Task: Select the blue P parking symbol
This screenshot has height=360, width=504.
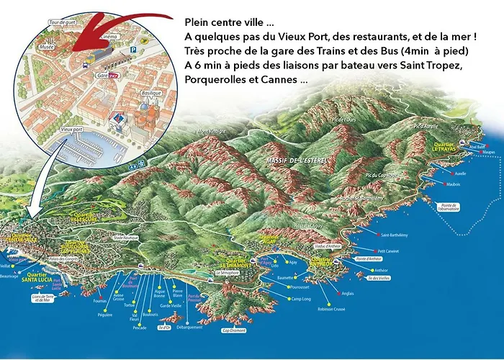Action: [134, 49]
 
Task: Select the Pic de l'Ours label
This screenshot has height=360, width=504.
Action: [344, 119]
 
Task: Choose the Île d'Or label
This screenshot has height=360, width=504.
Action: [165, 328]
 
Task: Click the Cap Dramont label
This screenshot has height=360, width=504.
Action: [234, 330]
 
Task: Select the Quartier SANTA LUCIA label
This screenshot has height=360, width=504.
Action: [37, 276]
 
